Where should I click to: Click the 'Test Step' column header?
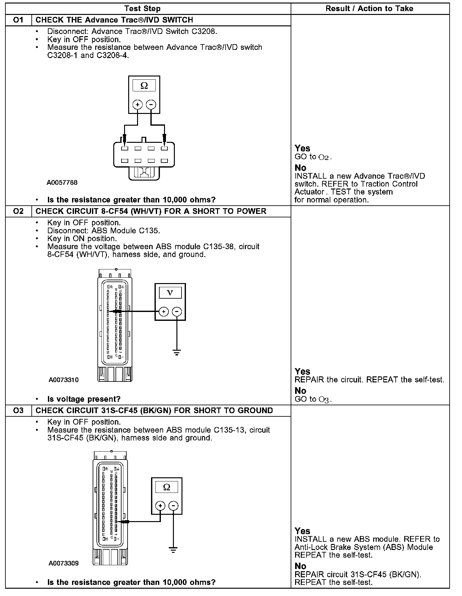pos(142,9)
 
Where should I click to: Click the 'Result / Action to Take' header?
pos(369,9)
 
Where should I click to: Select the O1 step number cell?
pos(18,20)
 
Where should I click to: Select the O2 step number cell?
pos(18,211)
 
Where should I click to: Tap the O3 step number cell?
pos(18,411)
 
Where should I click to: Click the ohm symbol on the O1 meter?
pos(144,86)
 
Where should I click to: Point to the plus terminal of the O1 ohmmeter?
pos(137,104)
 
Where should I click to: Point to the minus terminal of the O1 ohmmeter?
pos(151,104)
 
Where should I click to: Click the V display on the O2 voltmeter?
pos(170,293)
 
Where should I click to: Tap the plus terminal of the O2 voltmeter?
pos(164,312)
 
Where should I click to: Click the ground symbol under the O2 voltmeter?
pos(177,352)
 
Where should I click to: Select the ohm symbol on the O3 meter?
pos(167,487)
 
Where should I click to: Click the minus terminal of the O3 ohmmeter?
pos(173,506)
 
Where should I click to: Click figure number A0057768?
pos(62,183)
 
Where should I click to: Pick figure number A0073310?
pos(63,380)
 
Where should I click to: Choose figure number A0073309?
pos(63,563)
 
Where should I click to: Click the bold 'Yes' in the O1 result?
pos(302,148)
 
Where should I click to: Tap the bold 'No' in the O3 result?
pos(300,566)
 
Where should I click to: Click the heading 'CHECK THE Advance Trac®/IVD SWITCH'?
pos(114,20)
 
